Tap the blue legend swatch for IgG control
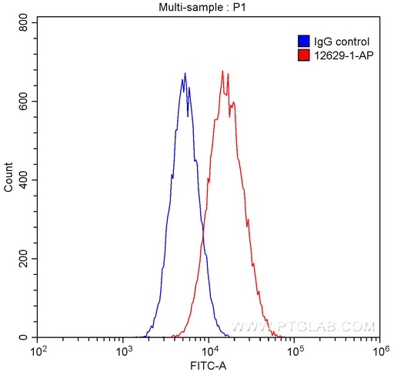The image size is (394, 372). [x=303, y=41]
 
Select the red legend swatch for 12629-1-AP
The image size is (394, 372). [x=303, y=55]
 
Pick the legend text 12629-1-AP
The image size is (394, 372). [x=340, y=55]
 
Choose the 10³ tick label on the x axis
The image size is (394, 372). [x=122, y=351]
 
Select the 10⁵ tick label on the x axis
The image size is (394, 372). [x=293, y=351]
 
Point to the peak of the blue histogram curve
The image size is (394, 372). [x=185, y=73]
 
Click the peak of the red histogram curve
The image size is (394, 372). [x=222, y=71]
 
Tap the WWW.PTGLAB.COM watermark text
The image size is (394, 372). [x=303, y=327]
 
